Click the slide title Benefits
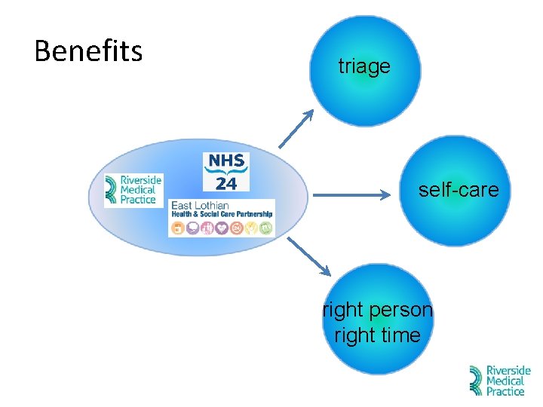(88, 51)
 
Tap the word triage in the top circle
(364, 66)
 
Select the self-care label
(459, 189)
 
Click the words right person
(378, 310)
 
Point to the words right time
(378, 335)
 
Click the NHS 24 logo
(226, 172)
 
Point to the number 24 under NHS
(226, 183)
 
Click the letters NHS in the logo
(226, 161)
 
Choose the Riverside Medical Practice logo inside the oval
(133, 190)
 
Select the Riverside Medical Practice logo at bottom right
(500, 381)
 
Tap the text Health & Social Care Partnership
(222, 214)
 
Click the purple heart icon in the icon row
(222, 227)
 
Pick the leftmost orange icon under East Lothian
(179, 227)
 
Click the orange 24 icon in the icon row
(236, 227)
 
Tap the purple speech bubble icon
(193, 227)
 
